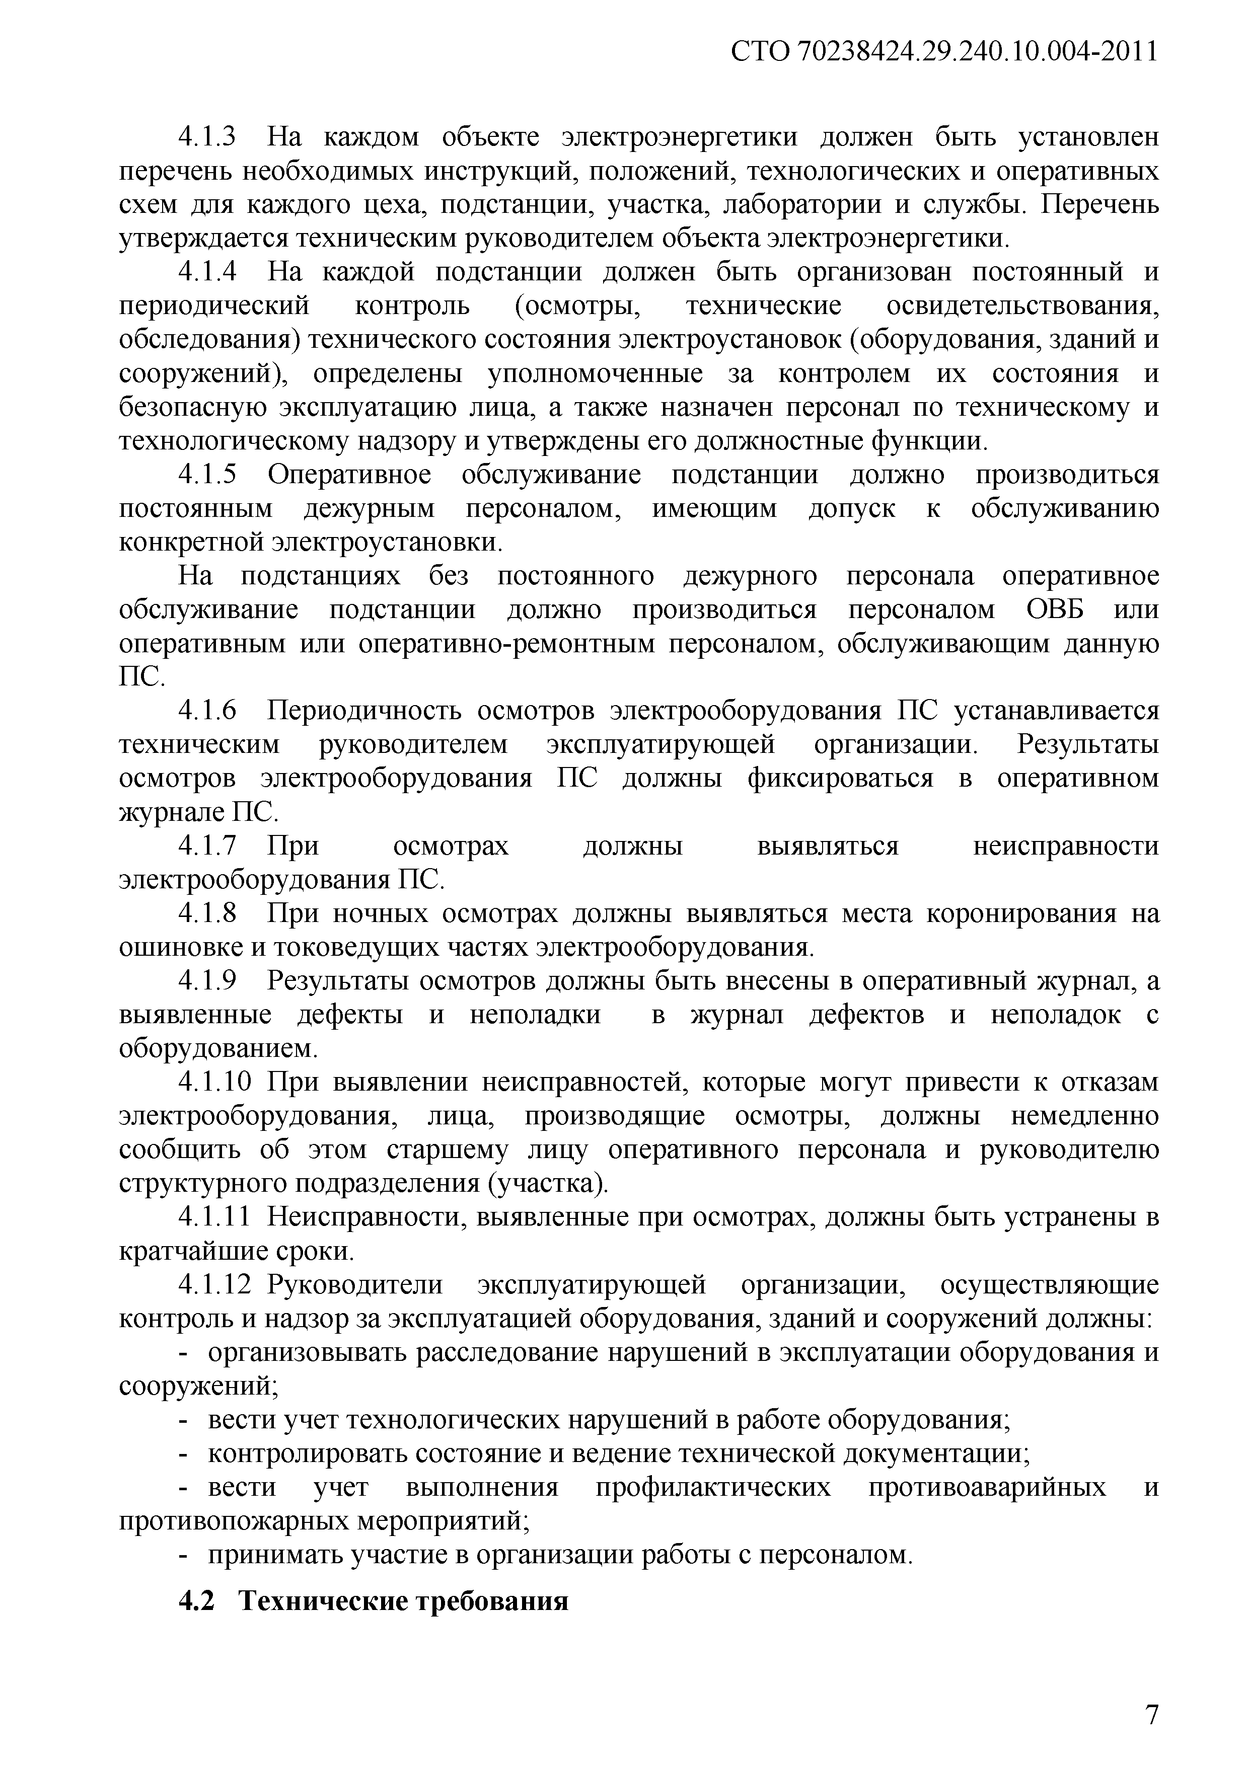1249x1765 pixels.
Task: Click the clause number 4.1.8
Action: (207, 914)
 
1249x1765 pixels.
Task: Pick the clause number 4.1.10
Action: (214, 1083)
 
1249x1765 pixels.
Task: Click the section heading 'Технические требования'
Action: (403, 1601)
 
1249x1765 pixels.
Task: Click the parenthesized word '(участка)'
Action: (548, 1184)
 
